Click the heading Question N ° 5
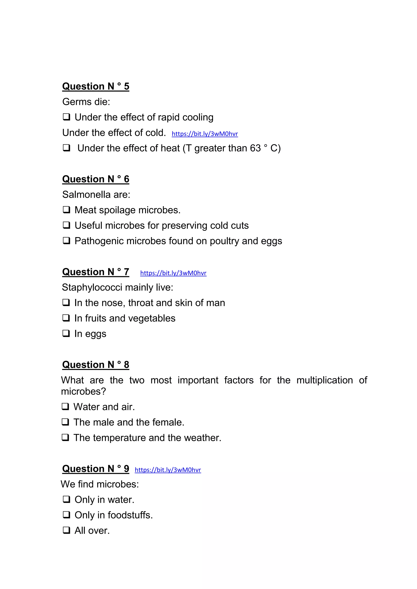click(x=95, y=86)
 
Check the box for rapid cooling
click(x=67, y=117)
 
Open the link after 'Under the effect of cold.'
click(x=205, y=134)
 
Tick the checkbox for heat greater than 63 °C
click(x=67, y=148)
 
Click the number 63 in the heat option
click(x=255, y=148)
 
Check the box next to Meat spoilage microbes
click(x=67, y=210)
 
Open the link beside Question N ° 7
click(x=173, y=273)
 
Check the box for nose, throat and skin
click(x=66, y=303)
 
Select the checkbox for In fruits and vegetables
click(x=66, y=318)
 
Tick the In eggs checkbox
click(x=66, y=334)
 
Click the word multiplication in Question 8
click(x=325, y=380)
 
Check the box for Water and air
click(x=66, y=407)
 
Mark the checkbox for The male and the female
click(x=66, y=422)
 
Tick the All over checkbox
click(x=67, y=530)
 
